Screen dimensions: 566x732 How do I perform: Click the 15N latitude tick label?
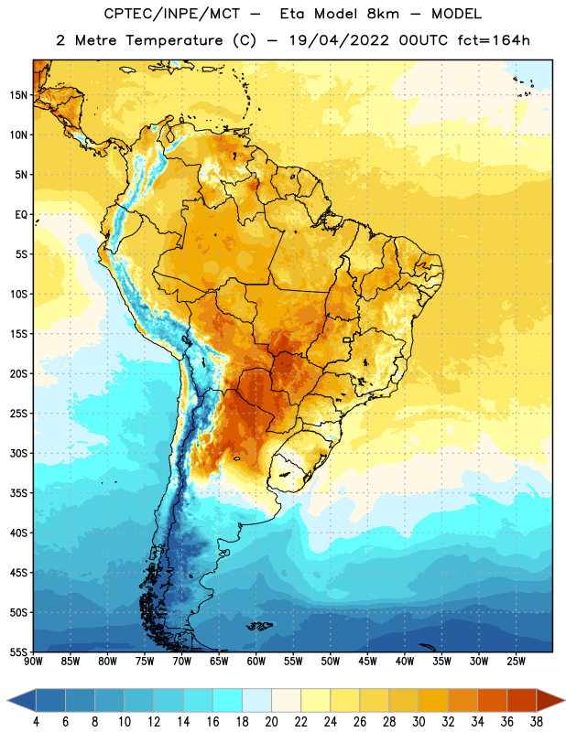(18, 95)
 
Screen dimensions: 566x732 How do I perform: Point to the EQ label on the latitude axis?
(21, 215)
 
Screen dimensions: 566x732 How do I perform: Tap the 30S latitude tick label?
(18, 453)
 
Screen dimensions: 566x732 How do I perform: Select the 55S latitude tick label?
(18, 652)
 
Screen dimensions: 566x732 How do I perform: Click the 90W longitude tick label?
(33, 661)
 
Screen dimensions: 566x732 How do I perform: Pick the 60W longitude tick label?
(256, 661)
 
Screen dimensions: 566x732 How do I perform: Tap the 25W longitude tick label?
(516, 661)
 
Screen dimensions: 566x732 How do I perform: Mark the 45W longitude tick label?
(367, 661)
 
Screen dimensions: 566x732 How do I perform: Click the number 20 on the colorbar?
(271, 722)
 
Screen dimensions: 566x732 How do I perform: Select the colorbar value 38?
(537, 722)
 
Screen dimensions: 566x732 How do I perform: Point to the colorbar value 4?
(36, 722)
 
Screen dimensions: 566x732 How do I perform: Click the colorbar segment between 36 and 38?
(522, 701)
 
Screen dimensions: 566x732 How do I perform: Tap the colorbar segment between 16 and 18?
(227, 701)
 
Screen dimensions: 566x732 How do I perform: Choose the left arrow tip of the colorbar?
(7, 701)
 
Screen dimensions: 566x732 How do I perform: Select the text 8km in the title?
(383, 14)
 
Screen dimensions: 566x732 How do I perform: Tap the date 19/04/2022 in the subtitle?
(339, 40)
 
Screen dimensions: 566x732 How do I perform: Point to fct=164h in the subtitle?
(494, 40)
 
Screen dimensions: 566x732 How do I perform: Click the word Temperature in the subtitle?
(174, 40)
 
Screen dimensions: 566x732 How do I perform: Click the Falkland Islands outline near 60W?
(260, 626)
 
